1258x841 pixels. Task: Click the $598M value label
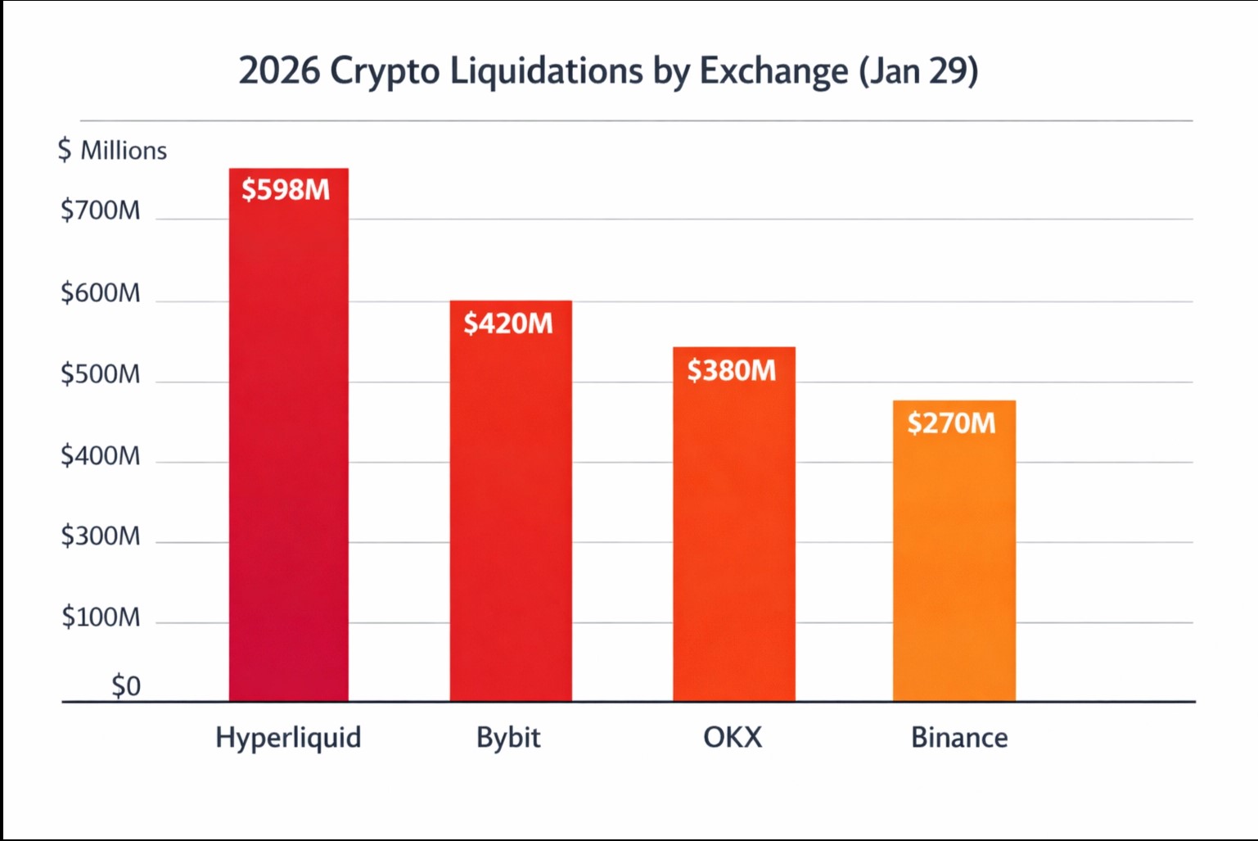coord(286,190)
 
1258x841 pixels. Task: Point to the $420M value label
coord(508,323)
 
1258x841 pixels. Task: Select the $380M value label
coord(731,371)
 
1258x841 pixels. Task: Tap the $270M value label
coord(951,423)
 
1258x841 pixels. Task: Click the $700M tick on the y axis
coord(100,211)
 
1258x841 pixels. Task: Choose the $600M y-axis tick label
coord(100,293)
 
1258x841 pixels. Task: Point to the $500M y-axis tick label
coord(100,374)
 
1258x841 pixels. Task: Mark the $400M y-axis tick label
coord(100,455)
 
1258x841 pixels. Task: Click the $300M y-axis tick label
coord(100,536)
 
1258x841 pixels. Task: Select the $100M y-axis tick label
coord(100,617)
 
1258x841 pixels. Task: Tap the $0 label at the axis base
coord(126,685)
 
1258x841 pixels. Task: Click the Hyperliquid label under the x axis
coord(288,738)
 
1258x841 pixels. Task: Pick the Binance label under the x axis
coord(959,738)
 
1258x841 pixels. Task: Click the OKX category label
coord(733,738)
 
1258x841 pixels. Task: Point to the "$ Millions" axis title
coord(112,151)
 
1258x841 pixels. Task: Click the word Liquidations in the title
coord(546,71)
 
